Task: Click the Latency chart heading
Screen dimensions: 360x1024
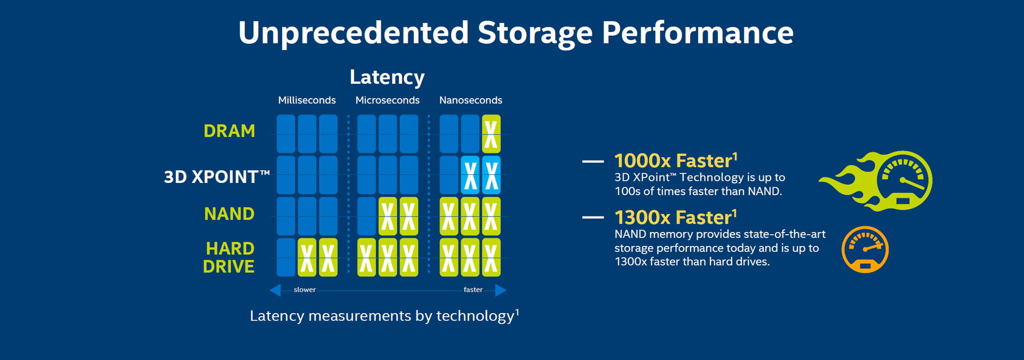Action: pyautogui.click(x=387, y=77)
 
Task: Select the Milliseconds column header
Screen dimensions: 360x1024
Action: pyautogui.click(x=307, y=100)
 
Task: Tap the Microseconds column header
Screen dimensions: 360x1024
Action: pyautogui.click(x=387, y=100)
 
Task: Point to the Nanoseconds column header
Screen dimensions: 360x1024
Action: pyautogui.click(x=470, y=100)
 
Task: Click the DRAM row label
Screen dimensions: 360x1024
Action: pyautogui.click(x=229, y=131)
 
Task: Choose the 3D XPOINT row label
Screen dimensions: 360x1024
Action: pyautogui.click(x=217, y=177)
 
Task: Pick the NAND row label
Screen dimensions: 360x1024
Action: pyautogui.click(x=229, y=214)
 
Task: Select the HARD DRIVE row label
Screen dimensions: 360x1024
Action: pyautogui.click(x=229, y=258)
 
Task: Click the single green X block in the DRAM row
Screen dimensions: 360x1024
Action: pyautogui.click(x=491, y=134)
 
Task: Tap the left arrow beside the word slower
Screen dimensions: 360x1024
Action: pyautogui.click(x=275, y=290)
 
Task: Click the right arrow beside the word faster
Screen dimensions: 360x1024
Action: pyautogui.click(x=501, y=290)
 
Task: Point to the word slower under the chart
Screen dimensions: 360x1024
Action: pyautogui.click(x=305, y=290)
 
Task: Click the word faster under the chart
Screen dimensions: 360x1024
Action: pyautogui.click(x=473, y=290)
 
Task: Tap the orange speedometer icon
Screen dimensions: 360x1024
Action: pyautogui.click(x=865, y=250)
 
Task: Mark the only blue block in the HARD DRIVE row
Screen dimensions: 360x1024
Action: pyautogui.click(x=286, y=258)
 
